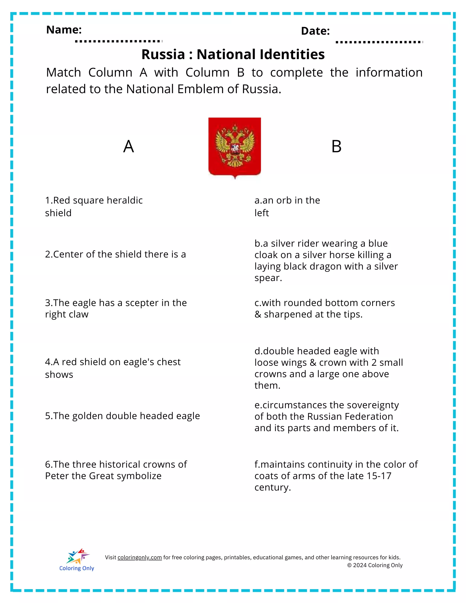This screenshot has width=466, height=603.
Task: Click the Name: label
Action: click(x=64, y=30)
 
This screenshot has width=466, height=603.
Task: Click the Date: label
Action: click(x=315, y=31)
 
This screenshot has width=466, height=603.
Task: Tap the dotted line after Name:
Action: click(x=119, y=41)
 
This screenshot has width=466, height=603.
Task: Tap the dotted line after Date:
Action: click(x=379, y=42)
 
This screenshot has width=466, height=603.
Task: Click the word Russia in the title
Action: click(x=163, y=55)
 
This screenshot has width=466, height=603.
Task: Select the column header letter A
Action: click(x=128, y=147)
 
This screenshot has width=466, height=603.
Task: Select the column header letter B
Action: click(x=336, y=147)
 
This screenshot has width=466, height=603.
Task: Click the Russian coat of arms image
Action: click(x=235, y=147)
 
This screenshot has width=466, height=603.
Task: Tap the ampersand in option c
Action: click(x=258, y=314)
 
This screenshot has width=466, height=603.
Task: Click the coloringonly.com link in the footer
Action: click(x=140, y=557)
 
